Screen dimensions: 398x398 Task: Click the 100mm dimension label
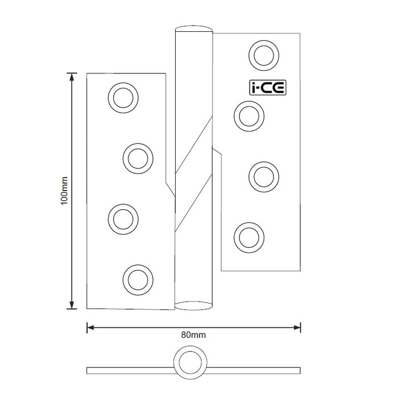tap(64, 190)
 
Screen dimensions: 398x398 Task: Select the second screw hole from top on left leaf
tap(138, 157)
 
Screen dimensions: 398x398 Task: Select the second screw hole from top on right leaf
tap(248, 115)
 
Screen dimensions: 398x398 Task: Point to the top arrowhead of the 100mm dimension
tap(72, 77)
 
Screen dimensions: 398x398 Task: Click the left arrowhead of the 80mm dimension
tap(90, 327)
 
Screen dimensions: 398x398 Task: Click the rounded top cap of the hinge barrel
tap(194, 29)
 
